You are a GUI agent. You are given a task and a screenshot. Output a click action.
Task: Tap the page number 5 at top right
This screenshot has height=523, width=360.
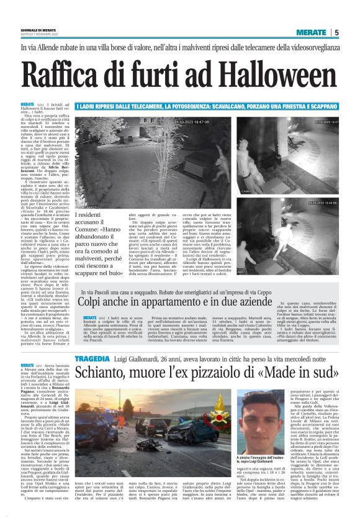click(336, 32)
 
